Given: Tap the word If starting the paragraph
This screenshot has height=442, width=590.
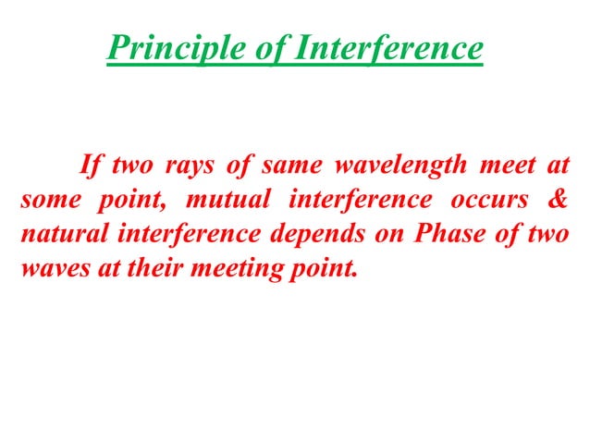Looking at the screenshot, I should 90,167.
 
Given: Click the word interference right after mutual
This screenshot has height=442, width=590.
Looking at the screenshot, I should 348,201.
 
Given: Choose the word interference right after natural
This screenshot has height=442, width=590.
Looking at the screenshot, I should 189,234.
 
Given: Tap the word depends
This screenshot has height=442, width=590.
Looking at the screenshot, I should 312,234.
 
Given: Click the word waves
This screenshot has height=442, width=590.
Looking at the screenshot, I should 48,267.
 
